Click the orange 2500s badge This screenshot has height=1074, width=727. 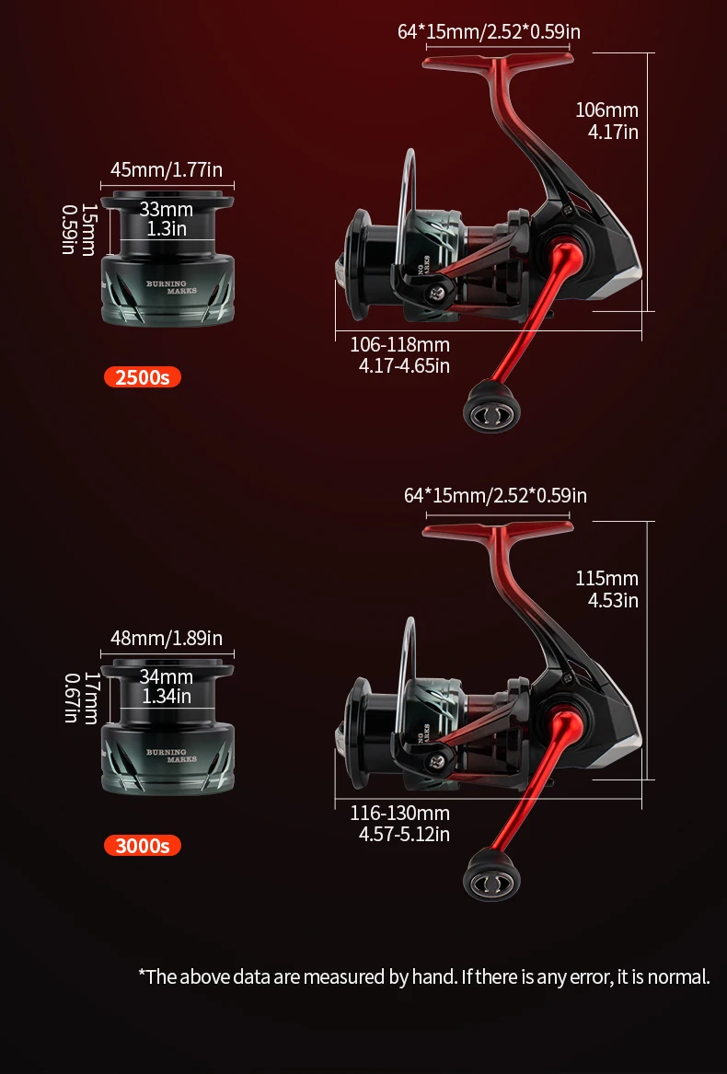click(143, 376)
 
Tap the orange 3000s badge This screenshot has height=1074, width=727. click(143, 845)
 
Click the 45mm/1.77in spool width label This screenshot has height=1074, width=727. click(167, 169)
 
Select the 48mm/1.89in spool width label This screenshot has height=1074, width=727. click(167, 638)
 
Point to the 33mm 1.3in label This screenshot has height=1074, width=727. click(167, 218)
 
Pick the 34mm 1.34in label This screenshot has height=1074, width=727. click(167, 687)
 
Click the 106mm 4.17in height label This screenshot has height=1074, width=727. click(607, 121)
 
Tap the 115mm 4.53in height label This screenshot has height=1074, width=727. click(607, 589)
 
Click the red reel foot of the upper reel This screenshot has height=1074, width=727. click(498, 60)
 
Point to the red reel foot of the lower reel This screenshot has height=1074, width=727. click(498, 529)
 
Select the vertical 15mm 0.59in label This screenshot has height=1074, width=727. click(78, 229)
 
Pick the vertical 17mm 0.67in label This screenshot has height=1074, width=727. click(81, 698)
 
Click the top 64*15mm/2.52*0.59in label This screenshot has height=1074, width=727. click(490, 31)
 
